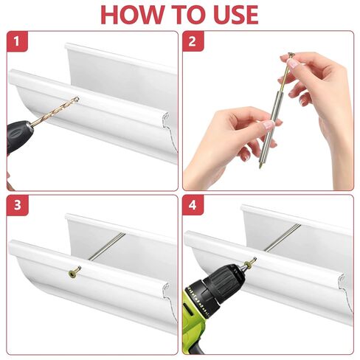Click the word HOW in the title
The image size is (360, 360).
pos(132,14)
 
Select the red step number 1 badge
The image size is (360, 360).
pos(17,41)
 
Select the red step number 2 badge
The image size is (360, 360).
pos(193,41)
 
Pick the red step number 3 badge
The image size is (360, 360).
pos(17,205)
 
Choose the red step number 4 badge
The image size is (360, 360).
pos(193,205)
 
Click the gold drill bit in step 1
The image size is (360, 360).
pos(55,112)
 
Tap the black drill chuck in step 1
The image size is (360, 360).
pos(19,134)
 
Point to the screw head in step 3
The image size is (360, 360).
pos(73,273)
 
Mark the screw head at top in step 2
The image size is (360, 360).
pos(291,55)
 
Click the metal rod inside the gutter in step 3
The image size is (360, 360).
pos(107,246)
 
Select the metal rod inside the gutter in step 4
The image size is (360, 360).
pos(283,238)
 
